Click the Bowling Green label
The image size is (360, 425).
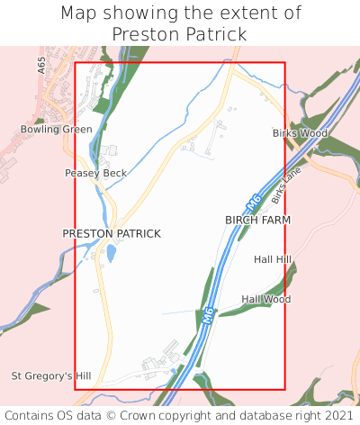(x=57, y=130)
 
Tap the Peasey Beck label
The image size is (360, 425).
(x=90, y=173)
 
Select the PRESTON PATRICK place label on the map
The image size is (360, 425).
(x=112, y=233)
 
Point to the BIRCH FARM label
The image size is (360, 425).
(x=258, y=220)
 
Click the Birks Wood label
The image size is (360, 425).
(x=300, y=133)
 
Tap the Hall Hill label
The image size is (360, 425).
(x=273, y=259)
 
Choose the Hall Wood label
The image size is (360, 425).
(x=265, y=299)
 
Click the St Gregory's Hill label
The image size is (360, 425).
(x=52, y=375)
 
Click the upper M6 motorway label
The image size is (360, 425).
(x=253, y=203)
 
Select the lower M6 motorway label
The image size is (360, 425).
(x=208, y=316)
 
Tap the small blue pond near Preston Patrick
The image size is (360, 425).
(x=111, y=254)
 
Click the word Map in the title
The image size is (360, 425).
(x=78, y=14)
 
